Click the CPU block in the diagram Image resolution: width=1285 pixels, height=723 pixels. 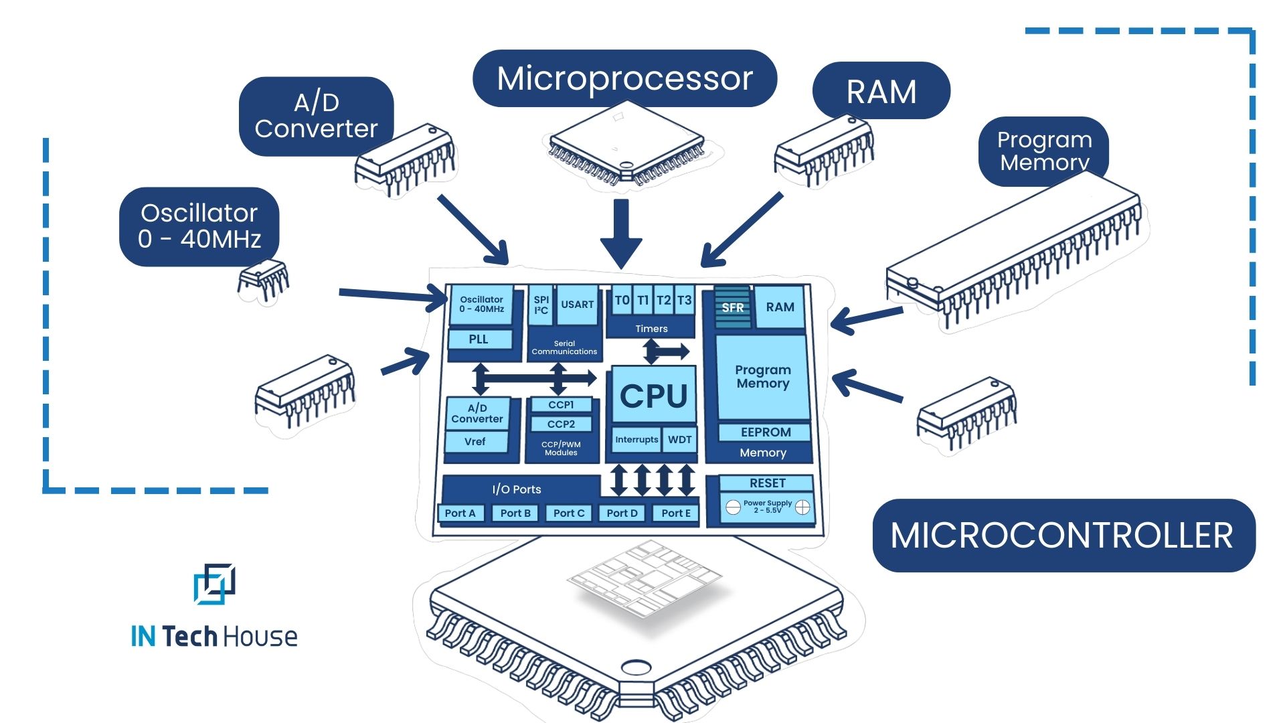tap(653, 395)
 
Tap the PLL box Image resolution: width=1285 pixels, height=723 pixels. tap(479, 339)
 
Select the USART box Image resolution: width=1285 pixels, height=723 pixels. tap(577, 305)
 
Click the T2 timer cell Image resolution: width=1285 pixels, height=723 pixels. tap(663, 300)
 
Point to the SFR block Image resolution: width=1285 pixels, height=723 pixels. tap(732, 307)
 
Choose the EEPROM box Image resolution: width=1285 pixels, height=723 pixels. tap(765, 432)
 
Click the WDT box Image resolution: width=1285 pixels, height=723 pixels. tap(679, 440)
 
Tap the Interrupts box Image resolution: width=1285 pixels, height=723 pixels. tap(636, 440)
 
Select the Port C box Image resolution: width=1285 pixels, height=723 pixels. tap(569, 513)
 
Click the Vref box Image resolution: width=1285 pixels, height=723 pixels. tap(475, 442)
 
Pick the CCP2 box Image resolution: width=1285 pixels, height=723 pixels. tap(561, 424)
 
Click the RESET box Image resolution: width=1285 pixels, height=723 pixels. tap(767, 483)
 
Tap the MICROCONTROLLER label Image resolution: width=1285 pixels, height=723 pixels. tap(1063, 536)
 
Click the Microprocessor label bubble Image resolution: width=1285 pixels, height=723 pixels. tap(624, 78)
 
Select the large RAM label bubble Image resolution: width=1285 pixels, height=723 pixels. tap(881, 91)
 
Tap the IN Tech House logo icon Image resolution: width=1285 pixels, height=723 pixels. tap(214, 584)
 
